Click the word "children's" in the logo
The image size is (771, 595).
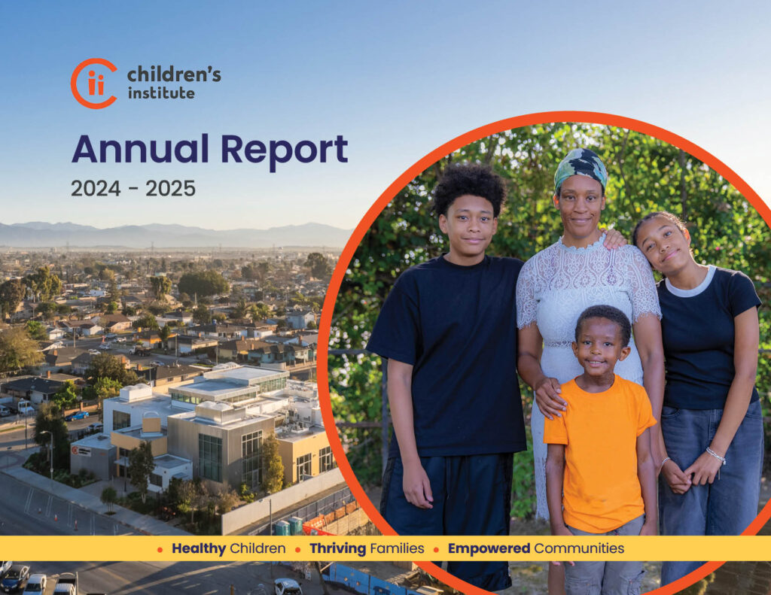click(x=174, y=74)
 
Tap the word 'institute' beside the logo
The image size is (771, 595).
click(x=161, y=93)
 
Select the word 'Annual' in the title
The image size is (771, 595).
click(x=140, y=149)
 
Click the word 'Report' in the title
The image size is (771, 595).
click(x=284, y=151)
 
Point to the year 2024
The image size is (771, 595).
click(x=96, y=189)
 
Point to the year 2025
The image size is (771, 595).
click(x=170, y=189)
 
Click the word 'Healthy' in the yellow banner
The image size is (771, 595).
click(x=199, y=548)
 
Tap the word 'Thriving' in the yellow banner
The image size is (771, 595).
click(x=338, y=548)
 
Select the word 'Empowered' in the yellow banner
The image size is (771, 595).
click(x=489, y=548)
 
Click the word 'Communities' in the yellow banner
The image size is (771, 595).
click(x=579, y=548)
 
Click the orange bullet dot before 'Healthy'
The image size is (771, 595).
click(x=160, y=550)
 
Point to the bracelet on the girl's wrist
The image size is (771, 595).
click(x=716, y=455)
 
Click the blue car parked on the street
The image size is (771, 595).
click(x=77, y=416)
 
